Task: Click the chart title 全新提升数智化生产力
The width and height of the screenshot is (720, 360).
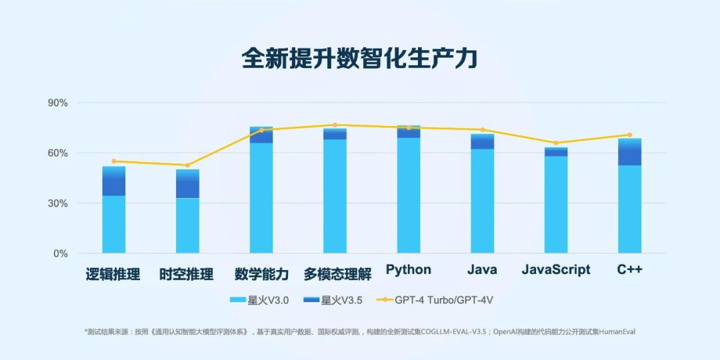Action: (x=359, y=59)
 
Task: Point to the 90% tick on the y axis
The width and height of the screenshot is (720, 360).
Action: (x=57, y=103)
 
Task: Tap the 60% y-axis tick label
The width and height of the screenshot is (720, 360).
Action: (x=57, y=153)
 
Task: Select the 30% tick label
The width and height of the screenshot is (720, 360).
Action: (x=57, y=203)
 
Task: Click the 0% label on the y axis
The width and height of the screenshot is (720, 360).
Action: (x=60, y=254)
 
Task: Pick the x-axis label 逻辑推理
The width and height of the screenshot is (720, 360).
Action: (x=113, y=274)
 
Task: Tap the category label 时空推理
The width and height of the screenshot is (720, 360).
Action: (x=187, y=274)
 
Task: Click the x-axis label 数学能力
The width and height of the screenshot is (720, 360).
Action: (x=261, y=274)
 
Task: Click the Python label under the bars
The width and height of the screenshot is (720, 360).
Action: (x=409, y=270)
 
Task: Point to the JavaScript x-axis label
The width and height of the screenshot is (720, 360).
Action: (x=556, y=270)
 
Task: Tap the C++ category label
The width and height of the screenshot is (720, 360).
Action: (x=629, y=270)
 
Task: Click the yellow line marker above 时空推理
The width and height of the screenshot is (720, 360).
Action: (x=187, y=165)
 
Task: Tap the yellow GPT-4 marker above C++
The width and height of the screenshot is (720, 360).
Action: (x=629, y=135)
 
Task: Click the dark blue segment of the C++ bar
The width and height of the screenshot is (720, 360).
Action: (x=629, y=155)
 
